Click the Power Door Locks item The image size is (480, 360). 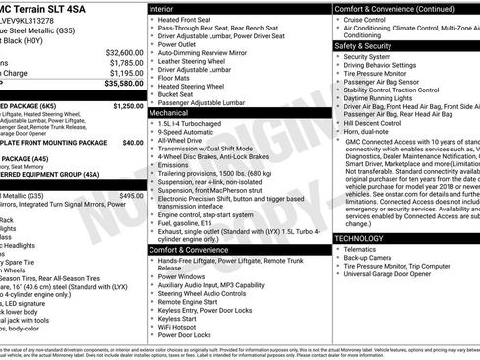(x=191, y=335)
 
